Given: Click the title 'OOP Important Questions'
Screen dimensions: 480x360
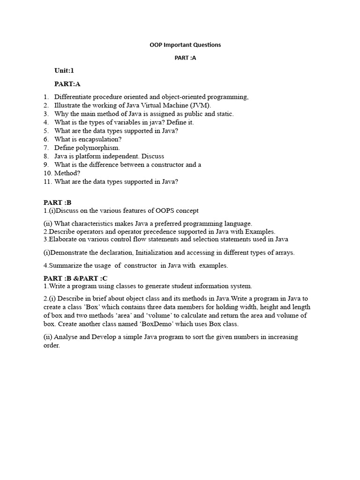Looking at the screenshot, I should coord(185,45).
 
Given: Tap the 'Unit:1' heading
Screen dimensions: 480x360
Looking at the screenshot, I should coord(64,71).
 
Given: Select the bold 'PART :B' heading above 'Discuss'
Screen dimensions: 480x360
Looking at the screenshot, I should coord(57,202).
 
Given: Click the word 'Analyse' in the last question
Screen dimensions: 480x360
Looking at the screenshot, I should coord(67,337).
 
